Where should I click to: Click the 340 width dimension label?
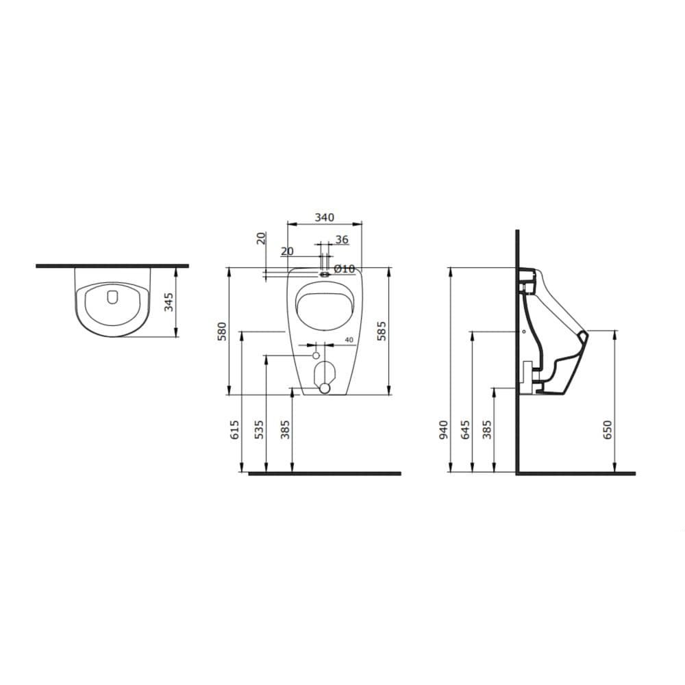click(325, 217)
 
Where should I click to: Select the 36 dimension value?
click(342, 239)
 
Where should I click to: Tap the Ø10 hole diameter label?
click(345, 269)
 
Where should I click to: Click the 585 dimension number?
click(382, 331)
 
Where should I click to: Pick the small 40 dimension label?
click(349, 340)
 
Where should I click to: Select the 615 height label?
click(234, 430)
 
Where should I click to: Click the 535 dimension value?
click(259, 430)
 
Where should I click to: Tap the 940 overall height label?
click(443, 430)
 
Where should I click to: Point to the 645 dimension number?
click(465, 430)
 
